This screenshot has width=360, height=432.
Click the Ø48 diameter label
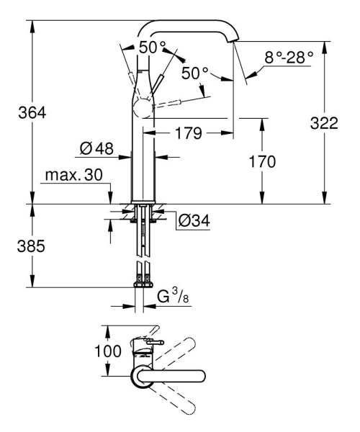(x=97, y=150)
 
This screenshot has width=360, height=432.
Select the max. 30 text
(x=72, y=176)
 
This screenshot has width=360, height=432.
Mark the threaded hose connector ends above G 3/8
(x=142, y=275)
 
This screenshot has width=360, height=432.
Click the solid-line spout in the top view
(x=173, y=374)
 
